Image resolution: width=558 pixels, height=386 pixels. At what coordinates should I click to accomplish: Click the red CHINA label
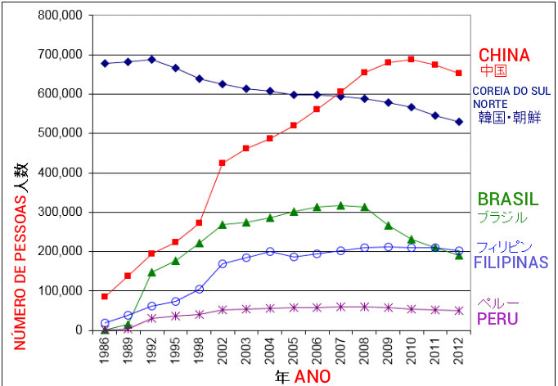pyautogui.click(x=504, y=56)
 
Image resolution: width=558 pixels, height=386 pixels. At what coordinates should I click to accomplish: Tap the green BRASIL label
pyautogui.click(x=508, y=200)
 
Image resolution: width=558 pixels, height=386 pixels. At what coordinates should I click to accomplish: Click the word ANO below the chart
pyautogui.click(x=313, y=377)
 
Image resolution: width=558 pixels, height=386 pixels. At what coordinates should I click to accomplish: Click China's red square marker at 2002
pyautogui.click(x=223, y=163)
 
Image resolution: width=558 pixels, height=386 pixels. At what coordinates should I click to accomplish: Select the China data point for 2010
pyautogui.click(x=412, y=60)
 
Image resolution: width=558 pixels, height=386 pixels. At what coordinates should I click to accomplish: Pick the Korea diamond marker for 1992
pyautogui.click(x=152, y=60)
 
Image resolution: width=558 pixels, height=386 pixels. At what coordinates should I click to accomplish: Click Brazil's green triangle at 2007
pyautogui.click(x=340, y=205)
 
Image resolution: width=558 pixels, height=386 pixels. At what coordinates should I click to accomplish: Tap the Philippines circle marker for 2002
pyautogui.click(x=223, y=263)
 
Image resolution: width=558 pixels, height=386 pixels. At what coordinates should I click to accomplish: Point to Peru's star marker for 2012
pyautogui.click(x=459, y=311)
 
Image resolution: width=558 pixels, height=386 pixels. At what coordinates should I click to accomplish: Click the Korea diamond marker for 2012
pyautogui.click(x=459, y=122)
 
